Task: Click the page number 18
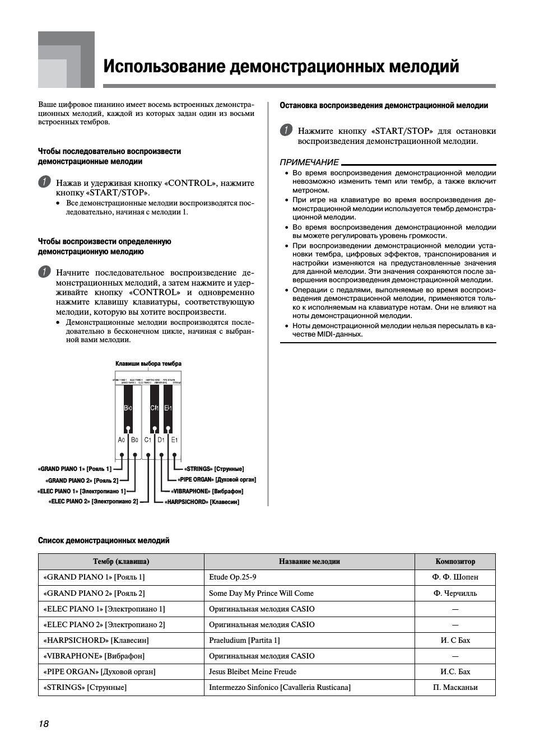[44, 724]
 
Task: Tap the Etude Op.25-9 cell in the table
[232, 577]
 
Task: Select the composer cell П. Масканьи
[455, 688]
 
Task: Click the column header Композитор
[455, 562]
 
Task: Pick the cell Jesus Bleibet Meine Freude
[253, 672]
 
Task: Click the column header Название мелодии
[309, 562]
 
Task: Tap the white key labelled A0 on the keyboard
[122, 440]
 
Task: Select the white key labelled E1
[175, 440]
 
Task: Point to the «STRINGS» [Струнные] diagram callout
[215, 469]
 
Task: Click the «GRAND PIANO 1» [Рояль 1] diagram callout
[75, 469]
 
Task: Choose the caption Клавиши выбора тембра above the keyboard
[148, 364]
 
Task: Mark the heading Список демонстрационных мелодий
[104, 541]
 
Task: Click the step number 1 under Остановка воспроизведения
[286, 130]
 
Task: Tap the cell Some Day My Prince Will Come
[261, 594]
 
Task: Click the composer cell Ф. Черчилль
[455, 594]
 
